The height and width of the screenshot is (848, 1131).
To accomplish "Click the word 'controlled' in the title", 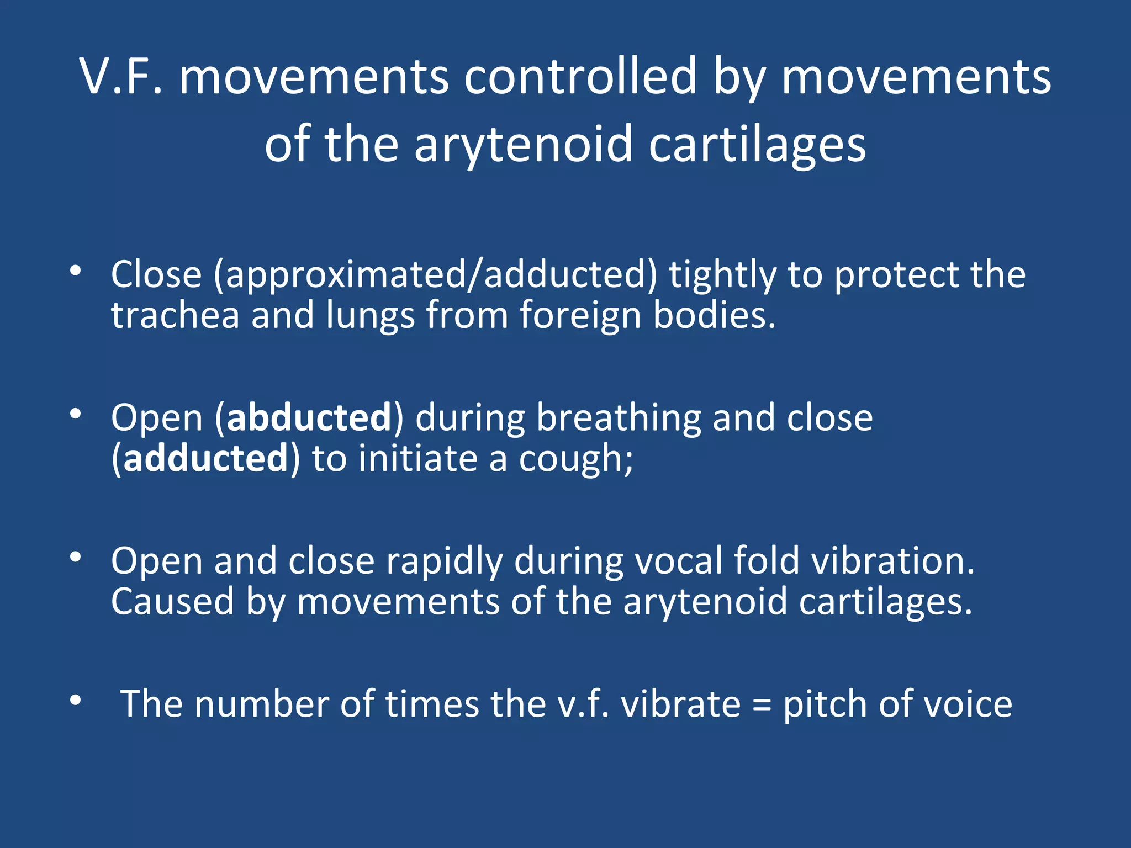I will (x=580, y=77).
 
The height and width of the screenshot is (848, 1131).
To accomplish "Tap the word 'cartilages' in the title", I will (x=757, y=145).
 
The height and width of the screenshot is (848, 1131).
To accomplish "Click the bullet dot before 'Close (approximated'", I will (x=76, y=271).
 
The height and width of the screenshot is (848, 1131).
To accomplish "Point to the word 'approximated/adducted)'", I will (x=436, y=275).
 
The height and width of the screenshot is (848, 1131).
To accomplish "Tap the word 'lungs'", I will (x=370, y=316).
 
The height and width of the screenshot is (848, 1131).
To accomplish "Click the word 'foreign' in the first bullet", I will (x=580, y=316).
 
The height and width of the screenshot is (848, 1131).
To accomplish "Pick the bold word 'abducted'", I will (x=309, y=417).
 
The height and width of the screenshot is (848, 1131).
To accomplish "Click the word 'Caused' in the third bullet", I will (x=172, y=602).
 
